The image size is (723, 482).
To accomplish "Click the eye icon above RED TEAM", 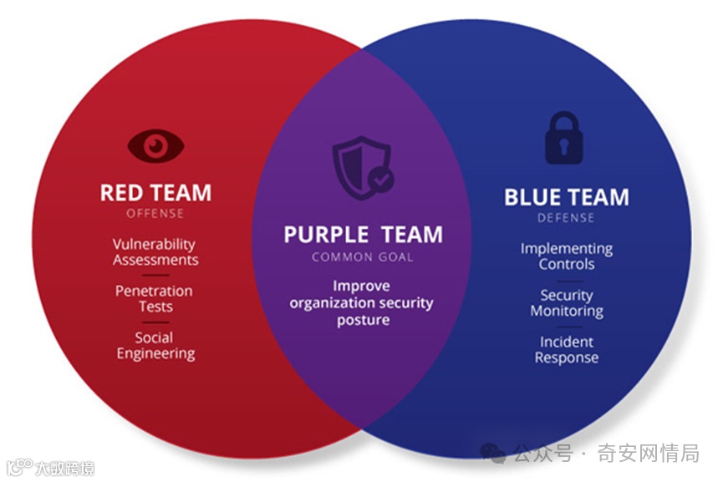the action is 155,146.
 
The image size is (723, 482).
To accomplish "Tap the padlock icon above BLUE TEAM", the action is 566,139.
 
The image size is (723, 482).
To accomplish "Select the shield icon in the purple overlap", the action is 361,168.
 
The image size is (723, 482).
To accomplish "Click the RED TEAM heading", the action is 155,193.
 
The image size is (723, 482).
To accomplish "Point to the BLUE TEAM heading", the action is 566,198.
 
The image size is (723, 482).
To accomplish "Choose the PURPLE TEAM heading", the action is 362,235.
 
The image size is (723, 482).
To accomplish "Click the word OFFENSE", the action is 155,213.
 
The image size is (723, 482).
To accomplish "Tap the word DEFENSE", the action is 566,218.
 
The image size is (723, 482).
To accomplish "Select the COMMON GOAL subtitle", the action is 362,256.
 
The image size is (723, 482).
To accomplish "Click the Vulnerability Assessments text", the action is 155,252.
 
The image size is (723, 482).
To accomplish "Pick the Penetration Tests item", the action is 155,298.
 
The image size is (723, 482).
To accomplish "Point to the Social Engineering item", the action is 155,346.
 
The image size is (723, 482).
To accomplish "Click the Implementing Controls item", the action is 566,256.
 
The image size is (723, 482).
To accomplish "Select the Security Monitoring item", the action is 566,303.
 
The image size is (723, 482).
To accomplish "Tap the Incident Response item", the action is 566,350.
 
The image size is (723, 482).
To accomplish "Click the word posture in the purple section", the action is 362,320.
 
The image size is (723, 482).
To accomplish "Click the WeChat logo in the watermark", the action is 493,454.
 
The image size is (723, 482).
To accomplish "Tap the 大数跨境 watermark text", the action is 64,468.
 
